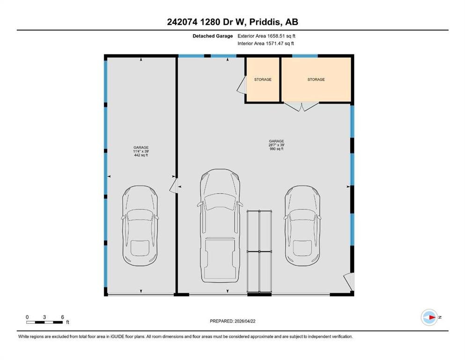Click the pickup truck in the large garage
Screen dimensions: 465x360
pos(220,225)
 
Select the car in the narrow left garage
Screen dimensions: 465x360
pos(140,225)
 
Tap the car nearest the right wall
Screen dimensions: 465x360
pos(303,225)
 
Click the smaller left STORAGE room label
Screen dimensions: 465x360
pos(263,80)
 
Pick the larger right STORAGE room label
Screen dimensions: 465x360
pos(316,80)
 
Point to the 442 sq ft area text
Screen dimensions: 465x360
pos(141,155)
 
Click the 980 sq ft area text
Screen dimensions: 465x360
pos(276,149)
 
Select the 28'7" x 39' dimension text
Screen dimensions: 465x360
pos(276,145)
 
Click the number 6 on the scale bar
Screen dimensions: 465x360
pos(63,317)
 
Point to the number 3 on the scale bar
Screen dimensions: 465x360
pos(44,317)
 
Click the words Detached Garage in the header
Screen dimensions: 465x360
pos(213,36)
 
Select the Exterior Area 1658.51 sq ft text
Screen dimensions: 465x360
pos(266,36)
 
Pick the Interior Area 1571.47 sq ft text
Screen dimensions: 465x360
pos(266,43)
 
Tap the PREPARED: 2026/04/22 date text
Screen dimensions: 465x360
pos(232,321)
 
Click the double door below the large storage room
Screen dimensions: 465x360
pos(302,106)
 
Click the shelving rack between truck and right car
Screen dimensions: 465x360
pos(259,252)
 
